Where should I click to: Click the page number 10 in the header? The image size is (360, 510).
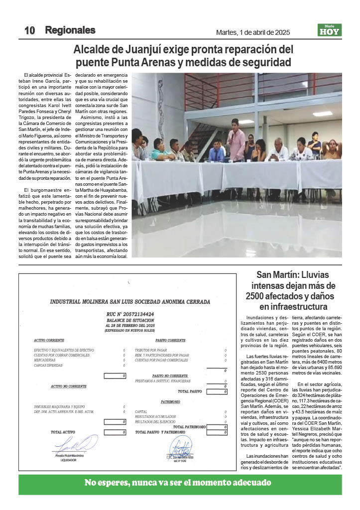click(x=29, y=30)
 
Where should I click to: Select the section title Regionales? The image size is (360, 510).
click(x=70, y=30)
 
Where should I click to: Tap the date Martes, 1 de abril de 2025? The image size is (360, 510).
click(x=253, y=32)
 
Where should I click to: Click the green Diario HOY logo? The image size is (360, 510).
click(x=330, y=30)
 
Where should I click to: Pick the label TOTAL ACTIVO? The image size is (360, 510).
click(x=63, y=432)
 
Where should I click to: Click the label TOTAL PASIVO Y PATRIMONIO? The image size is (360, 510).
click(x=164, y=432)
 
